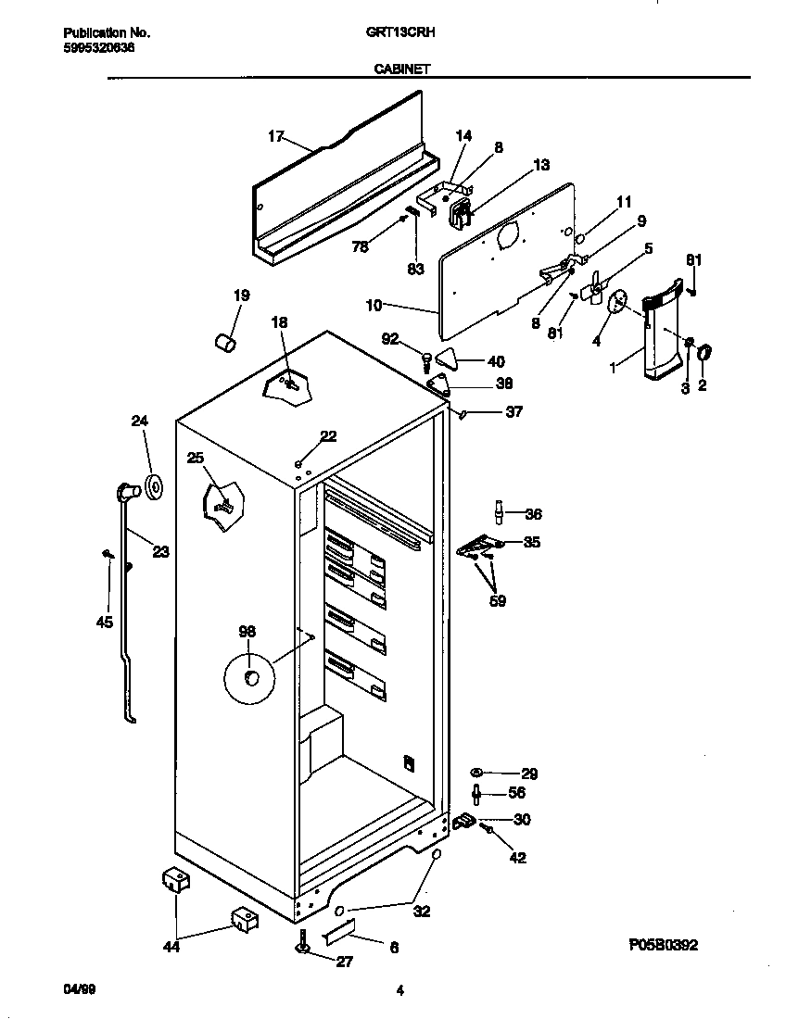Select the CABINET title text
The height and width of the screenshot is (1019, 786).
pos(400,68)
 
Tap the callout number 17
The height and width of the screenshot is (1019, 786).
pos(275,136)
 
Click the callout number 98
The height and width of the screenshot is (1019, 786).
pos(247,632)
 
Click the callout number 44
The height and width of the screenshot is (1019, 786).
pos(171,946)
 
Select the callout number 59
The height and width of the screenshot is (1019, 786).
pos(498,600)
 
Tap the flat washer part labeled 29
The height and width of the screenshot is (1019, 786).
pos(477,772)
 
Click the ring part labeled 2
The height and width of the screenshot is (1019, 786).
pos(704,352)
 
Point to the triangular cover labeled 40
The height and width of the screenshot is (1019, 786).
pos(448,359)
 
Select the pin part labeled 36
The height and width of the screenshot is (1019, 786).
pos(500,511)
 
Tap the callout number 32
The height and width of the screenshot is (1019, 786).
pos(422,911)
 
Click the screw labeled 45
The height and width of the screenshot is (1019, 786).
pos(108,554)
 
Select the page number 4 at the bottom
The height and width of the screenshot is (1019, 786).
pos(399,991)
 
